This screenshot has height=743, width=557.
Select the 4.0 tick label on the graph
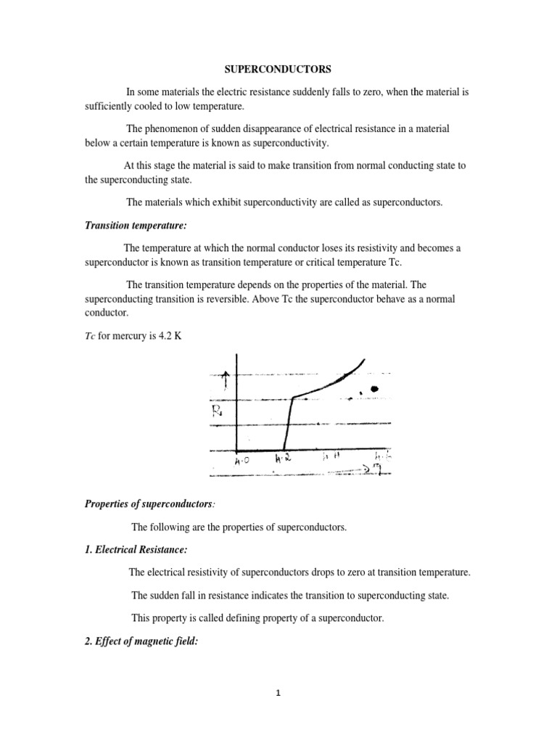pyautogui.click(x=242, y=460)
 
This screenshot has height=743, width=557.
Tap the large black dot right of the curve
pyautogui.click(x=374, y=390)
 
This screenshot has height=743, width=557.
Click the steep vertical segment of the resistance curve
pyautogui.click(x=287, y=424)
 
